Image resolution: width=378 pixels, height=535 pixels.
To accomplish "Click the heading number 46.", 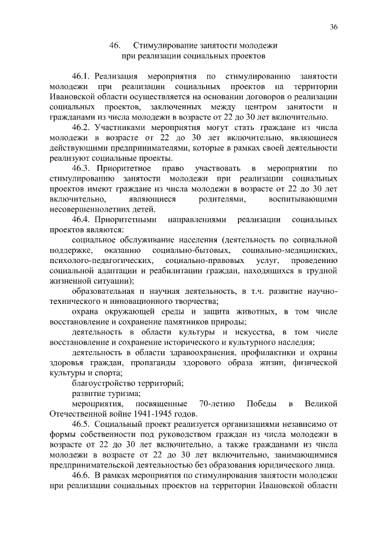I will coord(115,46).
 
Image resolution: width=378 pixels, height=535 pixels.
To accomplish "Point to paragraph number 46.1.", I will coord(80,77).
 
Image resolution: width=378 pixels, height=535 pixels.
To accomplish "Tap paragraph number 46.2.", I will coord(80,127).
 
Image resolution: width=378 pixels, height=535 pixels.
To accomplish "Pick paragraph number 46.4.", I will coord(80,219).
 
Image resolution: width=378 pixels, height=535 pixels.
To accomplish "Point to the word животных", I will coord(255,311).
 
